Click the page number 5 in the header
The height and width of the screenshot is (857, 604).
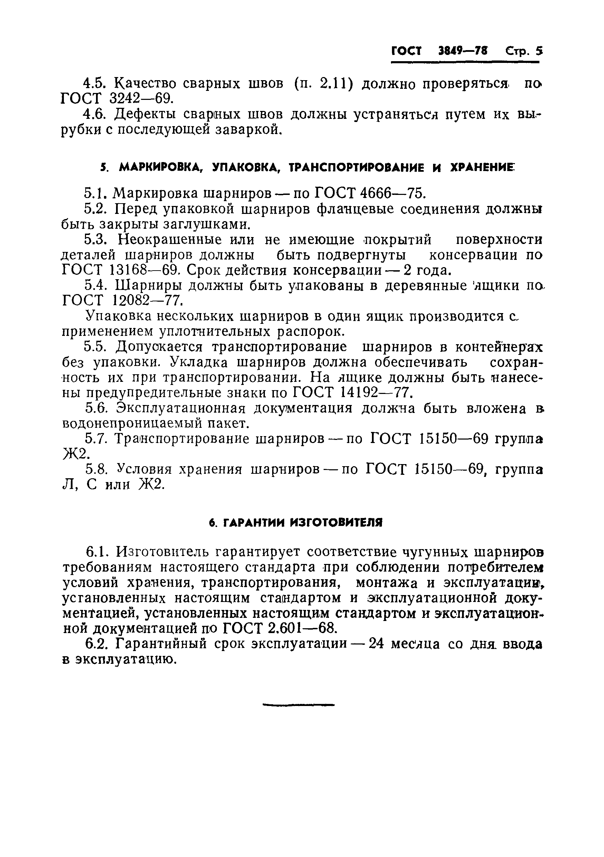point(538,51)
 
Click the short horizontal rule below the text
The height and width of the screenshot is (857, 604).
point(298,705)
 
